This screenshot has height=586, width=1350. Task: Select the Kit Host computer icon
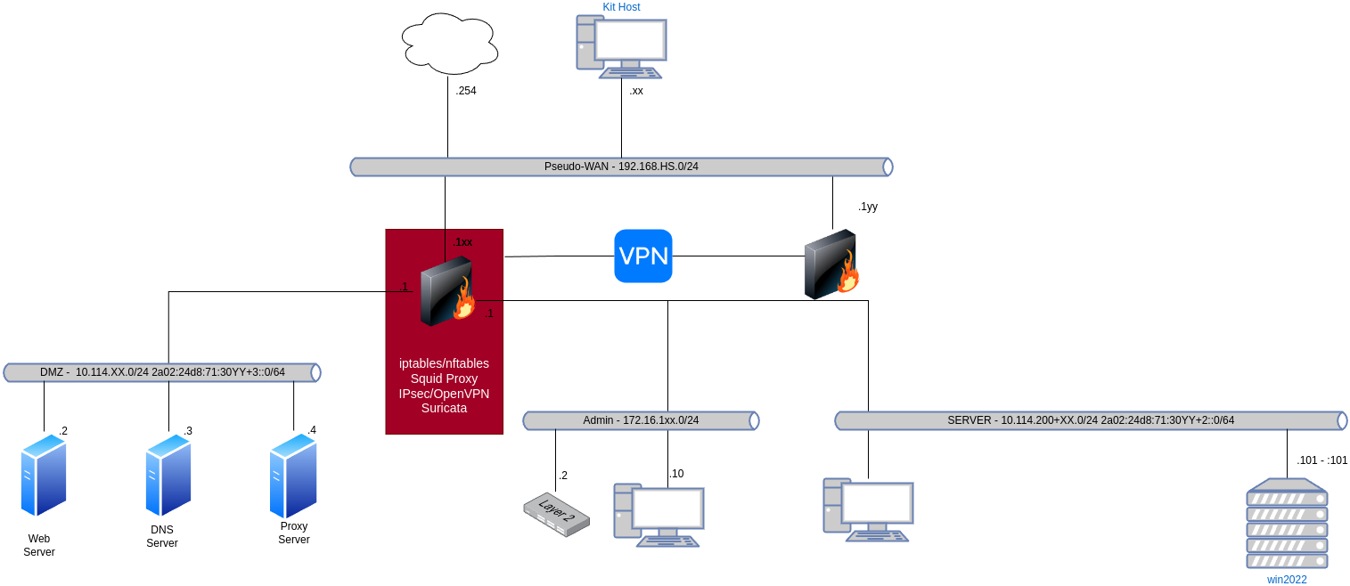click(x=622, y=46)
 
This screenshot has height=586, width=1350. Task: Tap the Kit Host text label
click(x=621, y=7)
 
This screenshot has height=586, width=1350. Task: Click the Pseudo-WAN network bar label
click(x=621, y=167)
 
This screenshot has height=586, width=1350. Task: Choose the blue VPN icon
click(x=643, y=256)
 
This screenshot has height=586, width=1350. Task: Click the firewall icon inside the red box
click(x=446, y=291)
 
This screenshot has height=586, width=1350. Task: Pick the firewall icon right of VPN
click(x=830, y=265)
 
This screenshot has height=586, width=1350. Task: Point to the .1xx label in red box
click(x=462, y=242)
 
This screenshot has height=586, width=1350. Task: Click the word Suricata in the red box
click(x=444, y=409)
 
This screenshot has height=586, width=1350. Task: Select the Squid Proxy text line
click(x=444, y=378)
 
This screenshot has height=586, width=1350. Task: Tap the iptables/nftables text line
click(x=444, y=363)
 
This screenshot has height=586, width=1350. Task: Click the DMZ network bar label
click(x=162, y=372)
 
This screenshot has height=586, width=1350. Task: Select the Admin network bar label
click(x=641, y=420)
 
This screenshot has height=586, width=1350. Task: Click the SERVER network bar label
click(x=1090, y=420)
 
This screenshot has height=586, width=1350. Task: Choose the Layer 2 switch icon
click(x=556, y=515)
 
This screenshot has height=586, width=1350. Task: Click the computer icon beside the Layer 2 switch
click(x=659, y=515)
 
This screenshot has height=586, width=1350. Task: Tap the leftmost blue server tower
click(x=44, y=475)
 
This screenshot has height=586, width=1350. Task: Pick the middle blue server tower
click(x=168, y=475)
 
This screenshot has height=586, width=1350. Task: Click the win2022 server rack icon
click(x=1287, y=523)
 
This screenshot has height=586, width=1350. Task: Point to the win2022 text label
click(x=1287, y=580)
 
